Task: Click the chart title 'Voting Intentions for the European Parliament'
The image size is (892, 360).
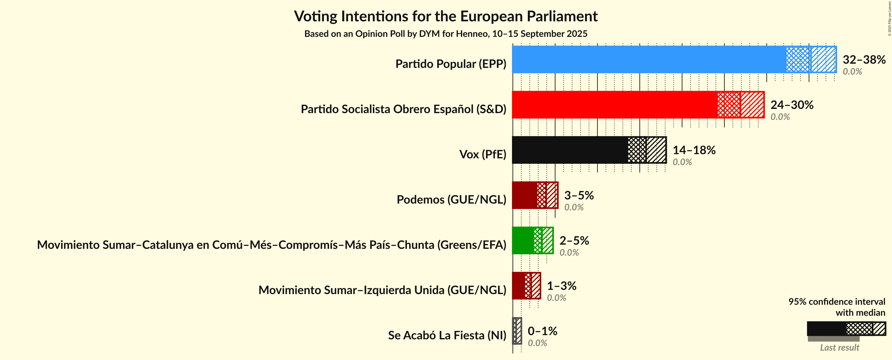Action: tap(446, 16)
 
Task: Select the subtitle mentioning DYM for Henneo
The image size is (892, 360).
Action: tap(446, 34)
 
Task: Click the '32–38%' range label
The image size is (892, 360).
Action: tap(864, 59)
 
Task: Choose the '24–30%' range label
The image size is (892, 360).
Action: tap(792, 105)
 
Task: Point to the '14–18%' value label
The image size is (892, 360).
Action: tap(694, 150)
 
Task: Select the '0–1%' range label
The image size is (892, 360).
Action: tap(542, 331)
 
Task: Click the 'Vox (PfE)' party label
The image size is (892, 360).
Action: tap(482, 154)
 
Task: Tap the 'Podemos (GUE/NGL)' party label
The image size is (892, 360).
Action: tap(451, 200)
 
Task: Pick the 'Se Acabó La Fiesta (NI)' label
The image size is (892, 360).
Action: tap(447, 335)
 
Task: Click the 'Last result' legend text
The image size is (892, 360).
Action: tap(839, 347)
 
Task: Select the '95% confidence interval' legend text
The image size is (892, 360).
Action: tap(837, 302)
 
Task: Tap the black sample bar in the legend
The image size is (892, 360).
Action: tap(826, 329)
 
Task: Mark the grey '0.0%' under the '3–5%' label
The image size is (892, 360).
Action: tap(574, 207)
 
